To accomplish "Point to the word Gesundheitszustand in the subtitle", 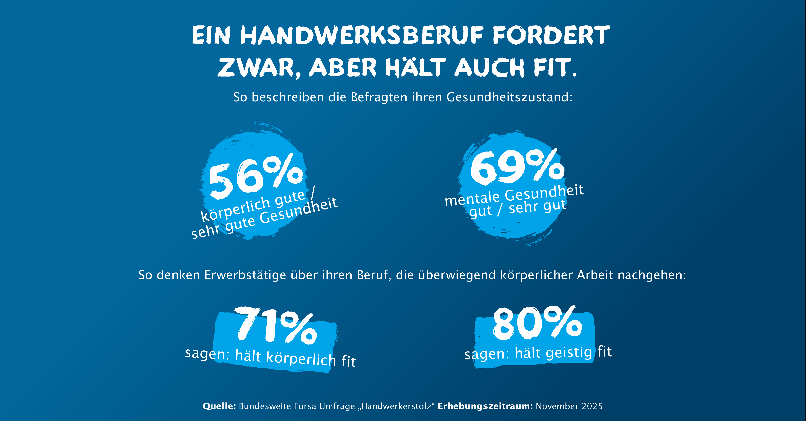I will click(x=509, y=97).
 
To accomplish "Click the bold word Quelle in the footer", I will click(x=219, y=406).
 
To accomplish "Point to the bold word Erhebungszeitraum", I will click(x=485, y=406).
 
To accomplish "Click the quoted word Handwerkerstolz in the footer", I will click(x=396, y=406).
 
